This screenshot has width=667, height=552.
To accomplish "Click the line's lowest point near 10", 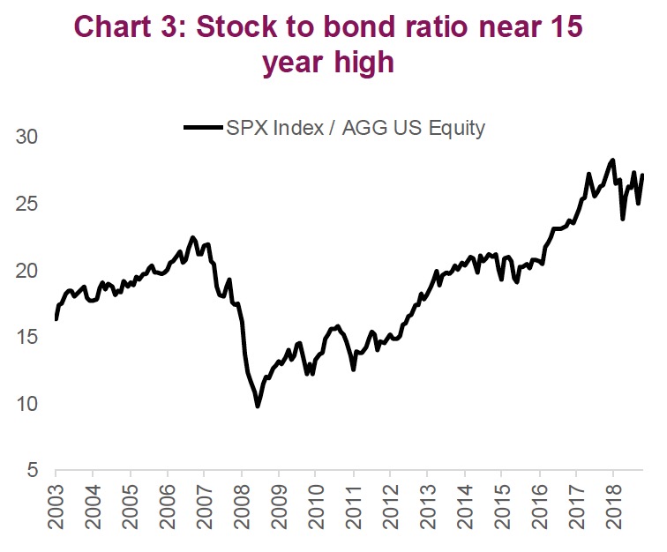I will (x=258, y=406).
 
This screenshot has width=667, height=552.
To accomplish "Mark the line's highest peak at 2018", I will (x=612, y=160).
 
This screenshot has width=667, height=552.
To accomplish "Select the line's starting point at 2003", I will (x=56, y=319).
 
